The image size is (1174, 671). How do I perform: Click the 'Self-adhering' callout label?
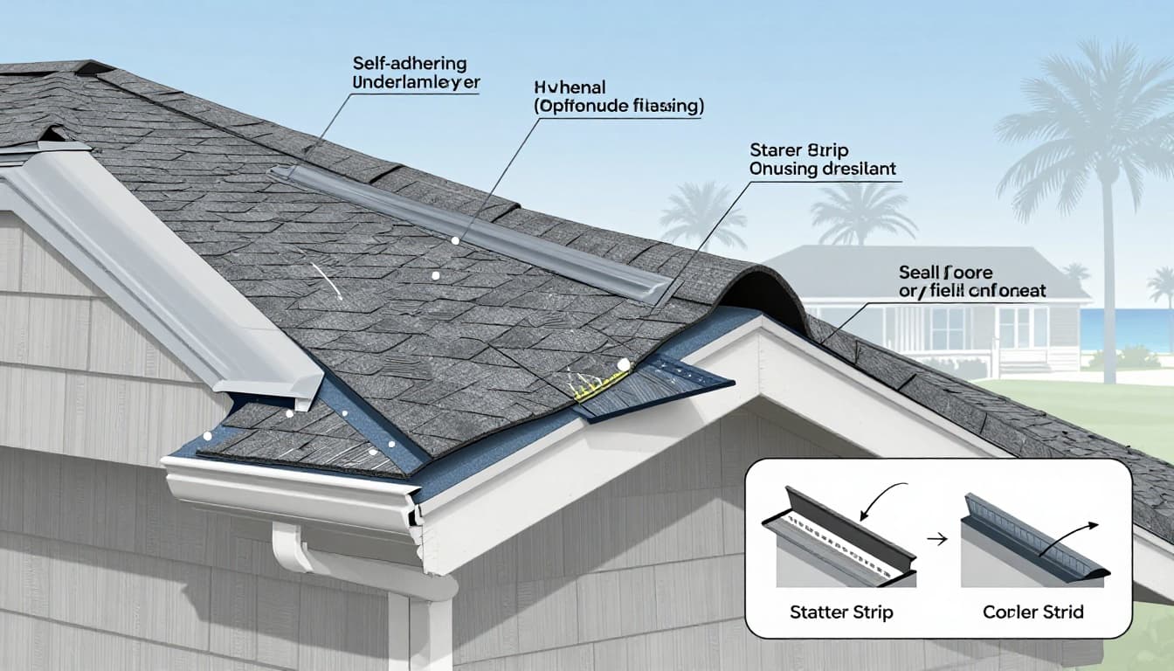410,64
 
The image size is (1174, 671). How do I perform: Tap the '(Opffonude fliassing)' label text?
618,107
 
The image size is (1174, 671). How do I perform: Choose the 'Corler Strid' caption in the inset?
1032,612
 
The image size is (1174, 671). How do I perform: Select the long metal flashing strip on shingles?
472,231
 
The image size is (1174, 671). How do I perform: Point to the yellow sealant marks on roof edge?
603,384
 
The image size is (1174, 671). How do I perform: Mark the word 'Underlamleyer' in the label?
416,83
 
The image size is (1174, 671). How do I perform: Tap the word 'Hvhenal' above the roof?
569,87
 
